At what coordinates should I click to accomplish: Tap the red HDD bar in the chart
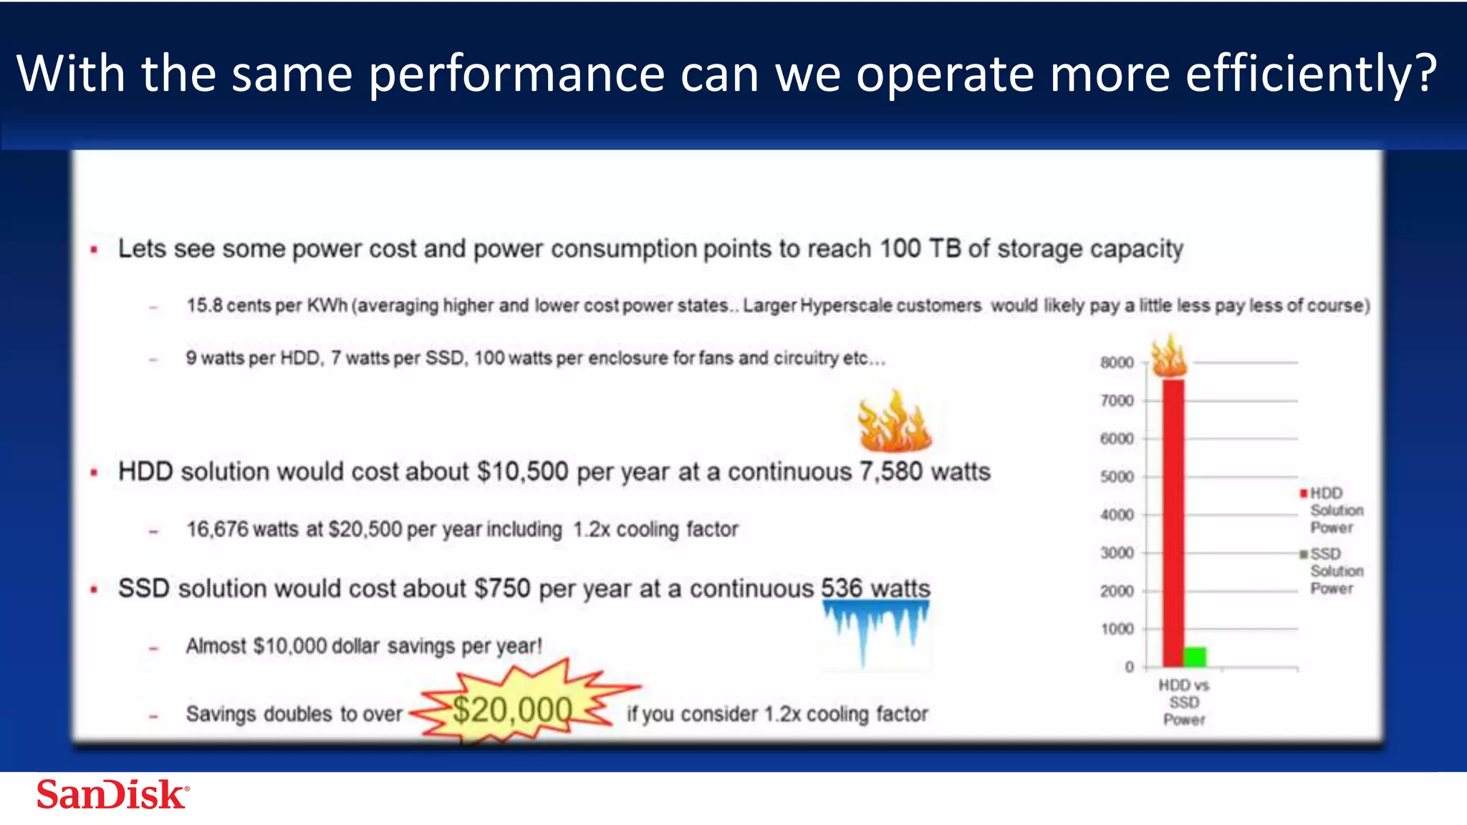point(1173,523)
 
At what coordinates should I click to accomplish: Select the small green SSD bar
point(1195,656)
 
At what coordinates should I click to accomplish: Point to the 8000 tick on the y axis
point(1117,362)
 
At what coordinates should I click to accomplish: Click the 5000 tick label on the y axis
point(1117,477)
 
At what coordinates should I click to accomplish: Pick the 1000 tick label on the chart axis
point(1117,629)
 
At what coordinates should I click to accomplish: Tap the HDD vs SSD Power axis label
point(1183,702)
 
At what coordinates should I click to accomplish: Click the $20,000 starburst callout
point(513,709)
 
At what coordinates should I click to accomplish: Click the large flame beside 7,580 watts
point(894,423)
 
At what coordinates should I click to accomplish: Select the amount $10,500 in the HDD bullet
point(523,472)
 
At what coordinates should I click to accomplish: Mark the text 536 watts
point(875,588)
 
